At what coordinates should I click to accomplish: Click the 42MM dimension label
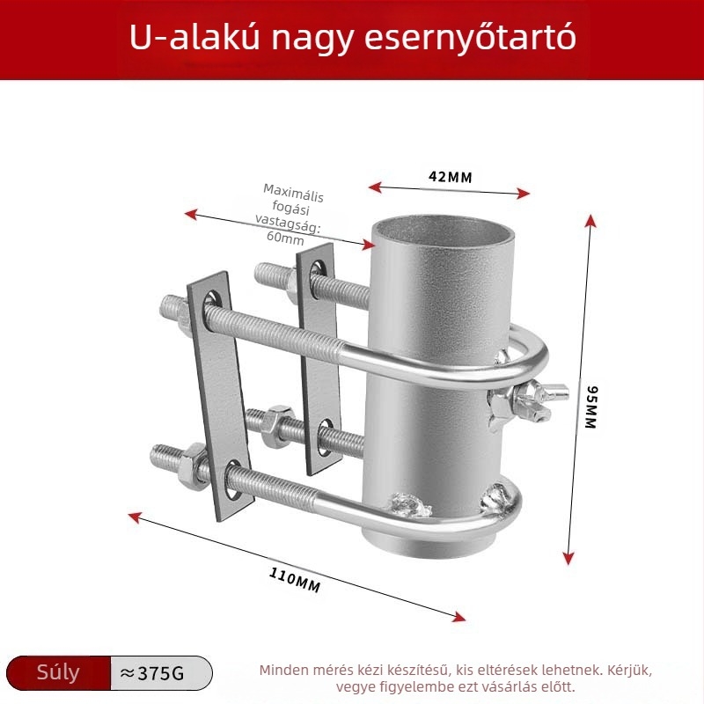click(x=450, y=177)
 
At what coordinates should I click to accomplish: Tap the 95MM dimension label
click(x=591, y=407)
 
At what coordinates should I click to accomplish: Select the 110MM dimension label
click(x=295, y=580)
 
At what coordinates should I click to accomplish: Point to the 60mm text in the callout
click(x=285, y=237)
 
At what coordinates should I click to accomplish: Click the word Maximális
click(x=293, y=193)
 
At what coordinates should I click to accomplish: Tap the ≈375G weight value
click(x=152, y=673)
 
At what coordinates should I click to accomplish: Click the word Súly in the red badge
click(x=58, y=672)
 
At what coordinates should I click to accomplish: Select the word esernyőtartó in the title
click(x=470, y=37)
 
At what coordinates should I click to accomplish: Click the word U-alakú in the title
click(x=194, y=37)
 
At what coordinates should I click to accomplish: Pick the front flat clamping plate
click(x=220, y=395)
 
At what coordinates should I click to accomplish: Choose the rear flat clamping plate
click(x=318, y=359)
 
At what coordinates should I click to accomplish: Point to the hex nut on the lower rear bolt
click(x=276, y=426)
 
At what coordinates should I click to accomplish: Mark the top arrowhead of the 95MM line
click(x=591, y=221)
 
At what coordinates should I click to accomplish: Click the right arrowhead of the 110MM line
click(x=458, y=617)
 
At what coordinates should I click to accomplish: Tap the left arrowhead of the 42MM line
click(x=375, y=187)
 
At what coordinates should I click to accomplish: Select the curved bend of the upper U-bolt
click(x=532, y=355)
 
